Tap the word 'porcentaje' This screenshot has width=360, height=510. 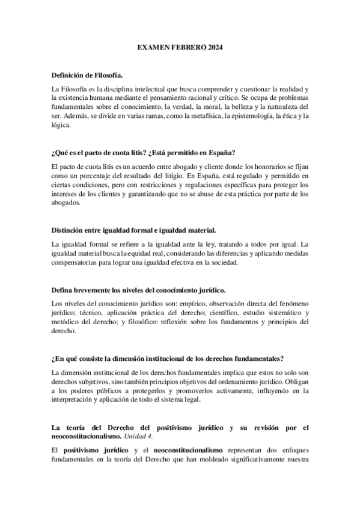coord(100,175)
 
